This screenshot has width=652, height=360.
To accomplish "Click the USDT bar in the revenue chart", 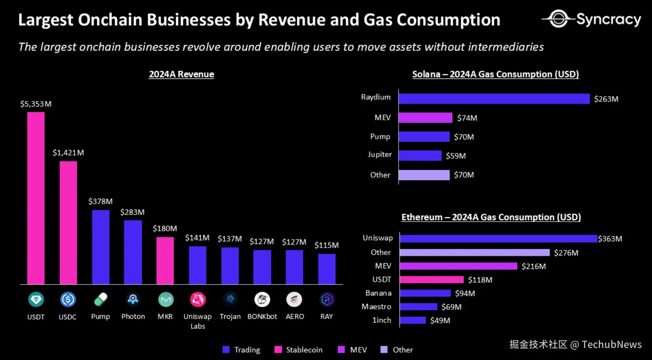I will pos(36,198).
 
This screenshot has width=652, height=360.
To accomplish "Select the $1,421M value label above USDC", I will pos(68,153).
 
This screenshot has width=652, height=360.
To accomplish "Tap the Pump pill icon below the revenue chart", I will pos(101,299).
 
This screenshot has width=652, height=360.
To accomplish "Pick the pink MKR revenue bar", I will pos(165,260).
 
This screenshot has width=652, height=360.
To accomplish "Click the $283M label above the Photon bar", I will pos(132,212).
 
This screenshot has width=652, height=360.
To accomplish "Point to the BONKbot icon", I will pos(262,299).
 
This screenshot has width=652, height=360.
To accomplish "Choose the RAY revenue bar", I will pos(327,269).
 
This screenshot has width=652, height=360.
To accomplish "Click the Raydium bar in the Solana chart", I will pos(494,99).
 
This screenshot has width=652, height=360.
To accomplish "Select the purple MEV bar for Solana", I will pos(425,118).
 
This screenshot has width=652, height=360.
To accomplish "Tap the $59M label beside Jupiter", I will pos(456,156).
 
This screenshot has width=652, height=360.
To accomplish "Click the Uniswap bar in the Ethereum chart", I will pos(498,239).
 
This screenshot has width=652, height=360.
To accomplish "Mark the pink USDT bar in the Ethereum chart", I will pos(432,280).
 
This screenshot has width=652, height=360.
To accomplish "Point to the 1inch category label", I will pos(382,320).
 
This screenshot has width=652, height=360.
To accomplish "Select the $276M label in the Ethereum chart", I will pos(566,253).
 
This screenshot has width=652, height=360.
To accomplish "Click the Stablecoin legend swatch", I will pos(278,350).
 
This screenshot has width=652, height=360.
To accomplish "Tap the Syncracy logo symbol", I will pos(559,19).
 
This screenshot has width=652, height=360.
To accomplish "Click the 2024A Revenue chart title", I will pos(181,74).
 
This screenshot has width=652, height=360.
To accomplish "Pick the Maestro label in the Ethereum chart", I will pos(376,307).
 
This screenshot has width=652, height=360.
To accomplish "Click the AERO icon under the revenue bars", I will pos(294,299).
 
